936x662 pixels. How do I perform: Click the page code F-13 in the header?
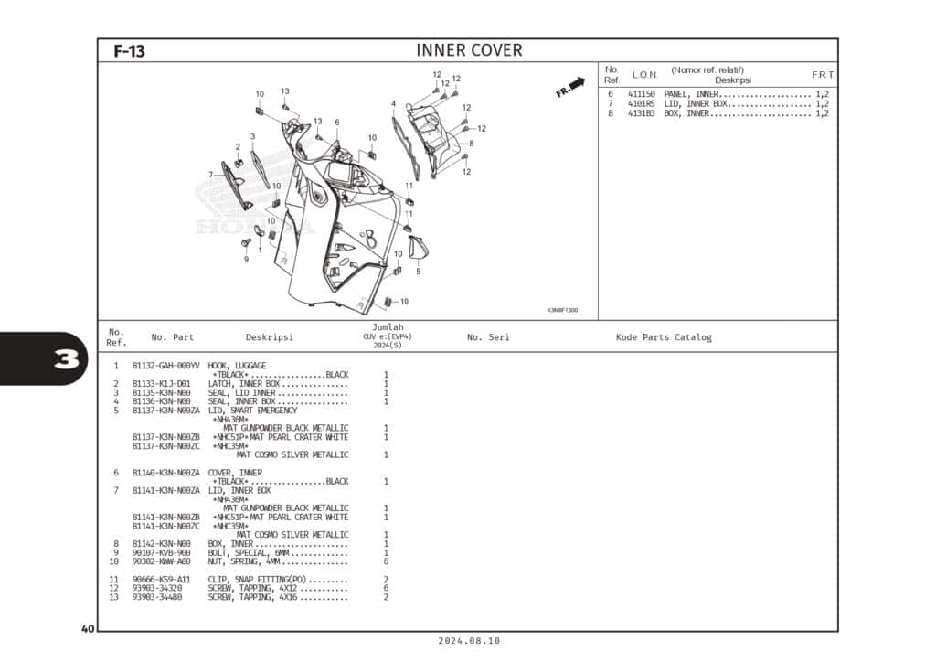pos(129,51)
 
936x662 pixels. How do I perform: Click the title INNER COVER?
pos(469,50)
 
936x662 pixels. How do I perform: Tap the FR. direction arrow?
pos(570,87)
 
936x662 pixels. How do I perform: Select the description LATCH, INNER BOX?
pos(243,384)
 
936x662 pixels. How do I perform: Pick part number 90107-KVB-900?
pos(162,553)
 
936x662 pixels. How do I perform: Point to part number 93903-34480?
pos(157,597)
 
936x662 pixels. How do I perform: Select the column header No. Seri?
pos(488,337)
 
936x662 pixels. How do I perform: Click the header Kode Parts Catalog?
pos(664,337)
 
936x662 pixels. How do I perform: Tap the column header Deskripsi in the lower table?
pos(270,337)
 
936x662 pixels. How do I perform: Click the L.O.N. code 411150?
pos(641,95)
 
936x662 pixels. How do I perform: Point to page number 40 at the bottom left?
pos(88,628)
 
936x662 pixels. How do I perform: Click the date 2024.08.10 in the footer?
pos(468,642)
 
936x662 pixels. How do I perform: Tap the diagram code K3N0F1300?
pos(562,310)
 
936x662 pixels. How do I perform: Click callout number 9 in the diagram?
pos(246,259)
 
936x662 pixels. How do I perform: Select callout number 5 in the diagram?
pos(419,272)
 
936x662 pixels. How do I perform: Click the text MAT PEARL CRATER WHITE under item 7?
pos(299,518)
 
